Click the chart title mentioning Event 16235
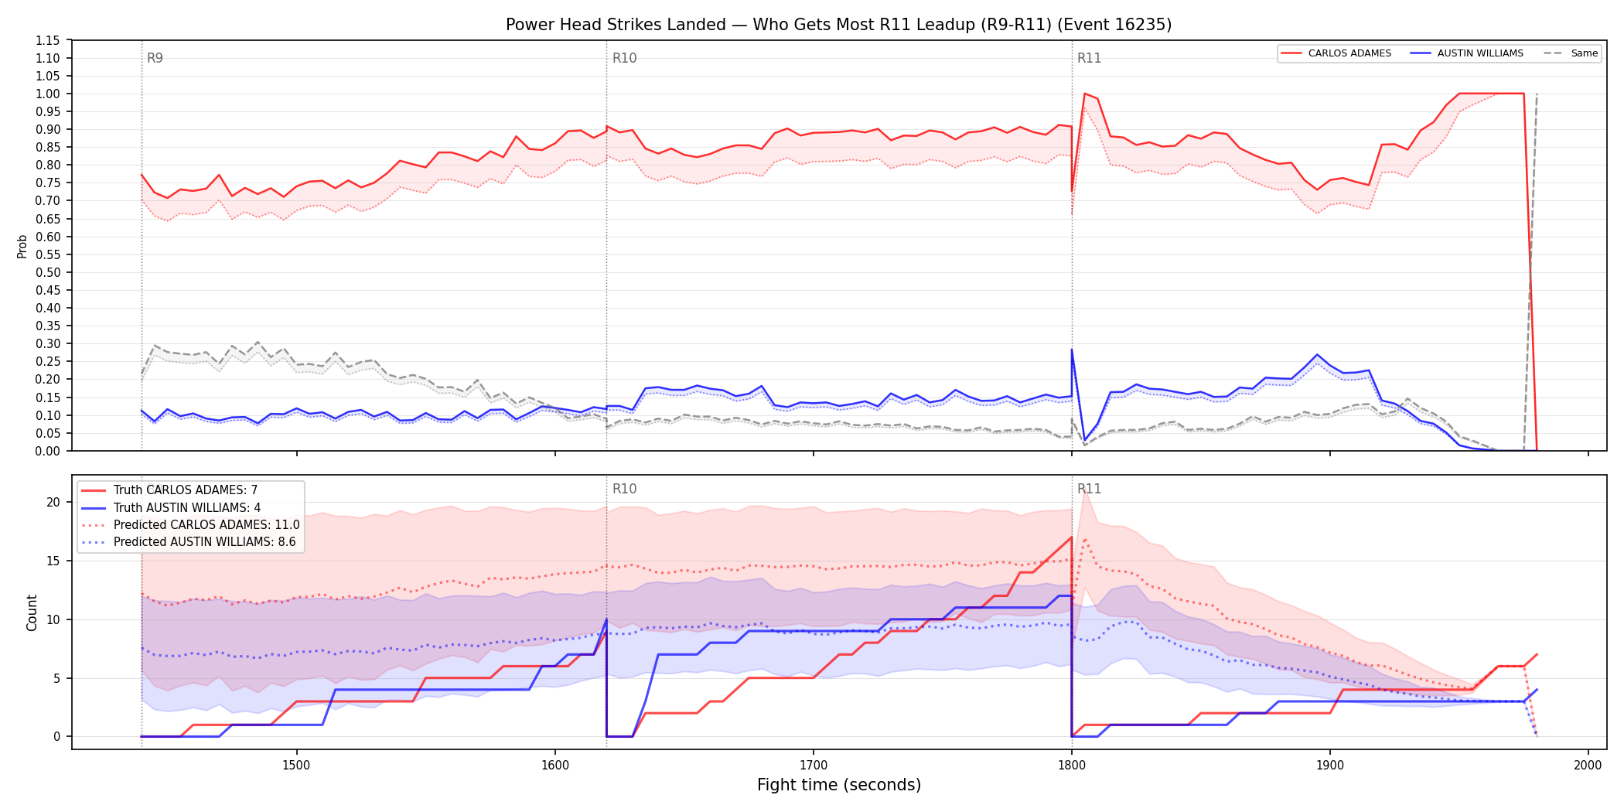(838, 25)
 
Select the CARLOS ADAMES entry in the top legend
(1336, 53)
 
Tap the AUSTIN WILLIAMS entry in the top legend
(1467, 53)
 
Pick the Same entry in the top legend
(1571, 53)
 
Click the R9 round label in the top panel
(155, 58)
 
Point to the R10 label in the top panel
(624, 58)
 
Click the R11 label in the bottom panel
(1089, 489)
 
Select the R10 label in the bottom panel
(624, 489)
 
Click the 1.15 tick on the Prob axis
(48, 40)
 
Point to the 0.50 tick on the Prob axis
(48, 272)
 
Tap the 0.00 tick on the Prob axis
(48, 451)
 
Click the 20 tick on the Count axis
(53, 502)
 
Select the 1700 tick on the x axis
(813, 765)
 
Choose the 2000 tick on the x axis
(1588, 765)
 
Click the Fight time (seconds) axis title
(839, 785)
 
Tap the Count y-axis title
(32, 612)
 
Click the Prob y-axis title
(22, 246)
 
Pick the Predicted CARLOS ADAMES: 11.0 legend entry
(190, 525)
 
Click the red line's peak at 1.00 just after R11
(1084, 94)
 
